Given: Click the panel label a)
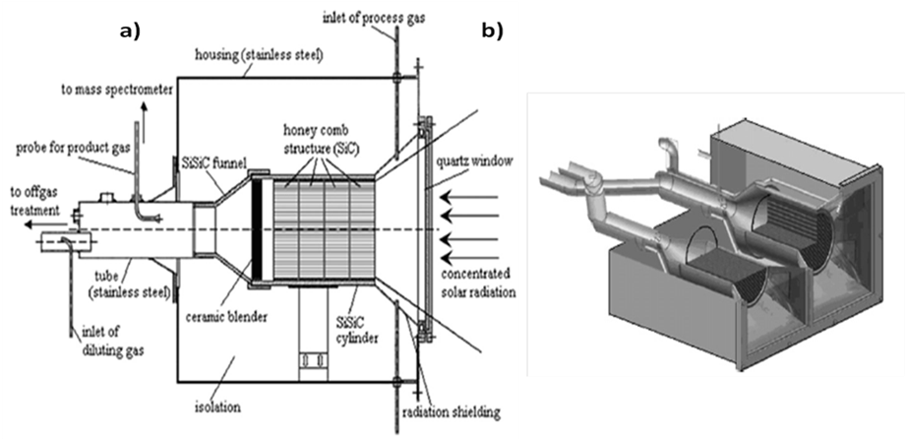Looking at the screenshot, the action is [130, 32].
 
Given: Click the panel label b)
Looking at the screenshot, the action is [493, 32].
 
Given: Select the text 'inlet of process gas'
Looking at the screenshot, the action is [375, 18].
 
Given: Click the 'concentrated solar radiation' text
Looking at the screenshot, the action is [477, 283].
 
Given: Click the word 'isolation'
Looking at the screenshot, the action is [218, 408].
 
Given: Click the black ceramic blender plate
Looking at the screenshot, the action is [258, 228].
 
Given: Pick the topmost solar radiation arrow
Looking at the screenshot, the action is [469, 198].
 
